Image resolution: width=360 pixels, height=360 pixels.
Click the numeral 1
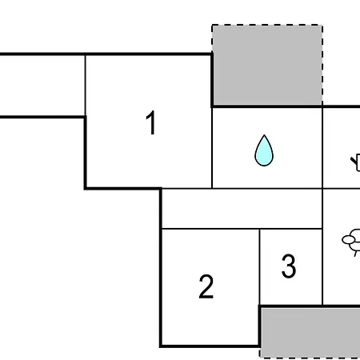[x=151, y=122]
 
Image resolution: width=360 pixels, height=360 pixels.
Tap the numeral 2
[x=206, y=286]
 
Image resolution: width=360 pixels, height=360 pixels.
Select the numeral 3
[x=289, y=266]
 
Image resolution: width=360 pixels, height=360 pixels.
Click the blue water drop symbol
[x=264, y=150]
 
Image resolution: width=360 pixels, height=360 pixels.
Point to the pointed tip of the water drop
[x=264, y=135]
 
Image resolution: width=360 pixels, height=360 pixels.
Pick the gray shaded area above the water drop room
[x=267, y=65]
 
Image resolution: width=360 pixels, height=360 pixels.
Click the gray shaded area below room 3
[x=310, y=332]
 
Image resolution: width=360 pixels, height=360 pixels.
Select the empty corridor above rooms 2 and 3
[x=242, y=209]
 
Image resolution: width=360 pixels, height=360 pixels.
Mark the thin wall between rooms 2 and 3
[x=259, y=266]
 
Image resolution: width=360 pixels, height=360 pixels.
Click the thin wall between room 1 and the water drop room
[x=212, y=148]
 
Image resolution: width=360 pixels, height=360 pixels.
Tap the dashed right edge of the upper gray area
[x=322, y=65]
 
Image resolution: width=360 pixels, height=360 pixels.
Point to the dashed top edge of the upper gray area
[x=267, y=25]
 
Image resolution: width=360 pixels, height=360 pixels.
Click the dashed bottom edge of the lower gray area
[x=310, y=357]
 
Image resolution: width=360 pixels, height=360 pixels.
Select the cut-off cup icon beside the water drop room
[x=356, y=162]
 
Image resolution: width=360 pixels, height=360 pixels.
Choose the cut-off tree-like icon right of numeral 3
[x=351, y=242]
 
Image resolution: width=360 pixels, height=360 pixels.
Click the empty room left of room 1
[x=42, y=86]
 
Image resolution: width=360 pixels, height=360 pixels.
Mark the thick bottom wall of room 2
[x=210, y=346]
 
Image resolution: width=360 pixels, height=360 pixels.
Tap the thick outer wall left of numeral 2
[x=161, y=267]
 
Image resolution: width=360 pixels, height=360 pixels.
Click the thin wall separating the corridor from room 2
[x=210, y=229]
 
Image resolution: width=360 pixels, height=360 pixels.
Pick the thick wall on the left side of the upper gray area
[x=212, y=80]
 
